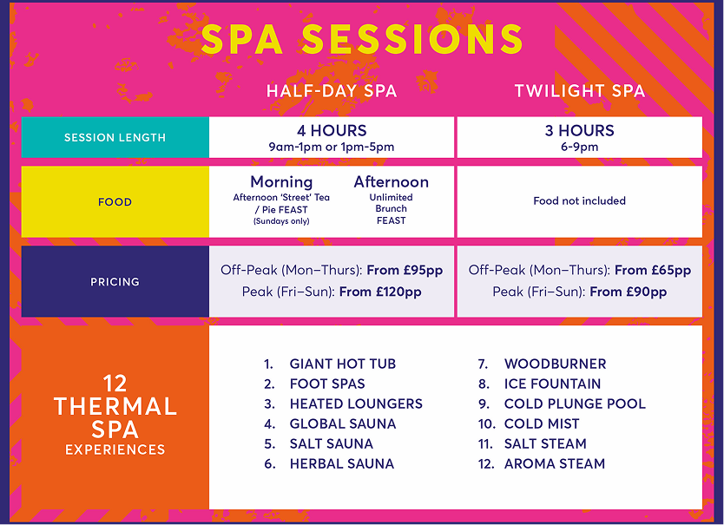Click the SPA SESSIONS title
pos(362,39)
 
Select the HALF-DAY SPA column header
pos(332,90)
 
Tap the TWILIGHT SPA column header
pos(580,90)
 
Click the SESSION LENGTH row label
pos(115,138)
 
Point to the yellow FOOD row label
pos(115,202)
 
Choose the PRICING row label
pos(115,282)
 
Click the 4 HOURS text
pos(332,131)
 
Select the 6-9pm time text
pos(580,147)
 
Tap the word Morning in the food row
pos(281,182)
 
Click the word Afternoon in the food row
pos(392,181)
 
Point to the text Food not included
pos(580,200)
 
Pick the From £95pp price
pos(405,270)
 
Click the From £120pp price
pos(380,292)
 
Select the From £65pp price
pos(653,270)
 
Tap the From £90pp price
pos(628,292)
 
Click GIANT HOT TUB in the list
pos(343,364)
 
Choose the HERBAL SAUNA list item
pos(342,463)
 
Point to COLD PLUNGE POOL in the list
pos(575,404)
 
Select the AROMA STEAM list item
pos(555,463)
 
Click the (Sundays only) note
pos(281,221)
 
